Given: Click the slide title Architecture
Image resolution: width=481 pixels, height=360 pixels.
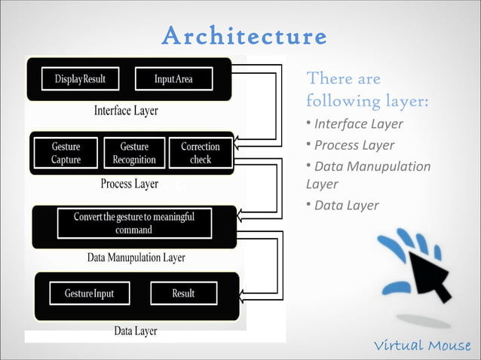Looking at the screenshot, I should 244,36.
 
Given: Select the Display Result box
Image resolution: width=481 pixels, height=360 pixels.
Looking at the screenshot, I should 80,79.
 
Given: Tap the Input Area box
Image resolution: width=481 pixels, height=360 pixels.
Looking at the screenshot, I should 173,79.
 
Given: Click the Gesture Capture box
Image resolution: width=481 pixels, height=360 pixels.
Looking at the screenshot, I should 66,153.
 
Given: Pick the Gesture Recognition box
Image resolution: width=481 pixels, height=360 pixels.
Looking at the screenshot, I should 134,153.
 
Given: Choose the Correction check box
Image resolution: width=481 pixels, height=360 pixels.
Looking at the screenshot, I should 201,153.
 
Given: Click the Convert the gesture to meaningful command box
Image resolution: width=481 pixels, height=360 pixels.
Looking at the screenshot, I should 134,223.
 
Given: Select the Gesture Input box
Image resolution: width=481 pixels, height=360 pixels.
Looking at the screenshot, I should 89,293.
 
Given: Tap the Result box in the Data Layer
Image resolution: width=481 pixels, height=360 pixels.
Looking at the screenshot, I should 183,293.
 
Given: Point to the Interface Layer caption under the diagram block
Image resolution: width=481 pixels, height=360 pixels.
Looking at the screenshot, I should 126,111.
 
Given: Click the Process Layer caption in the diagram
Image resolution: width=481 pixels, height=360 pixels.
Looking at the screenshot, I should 129,184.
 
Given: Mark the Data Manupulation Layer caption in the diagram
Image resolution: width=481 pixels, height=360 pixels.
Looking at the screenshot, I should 136,258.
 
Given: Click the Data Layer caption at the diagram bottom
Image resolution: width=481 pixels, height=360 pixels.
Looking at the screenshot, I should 135,331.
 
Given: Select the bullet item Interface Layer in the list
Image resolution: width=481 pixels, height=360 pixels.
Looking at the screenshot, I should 358,124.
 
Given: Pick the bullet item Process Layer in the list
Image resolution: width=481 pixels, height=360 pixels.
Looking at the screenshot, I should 354,145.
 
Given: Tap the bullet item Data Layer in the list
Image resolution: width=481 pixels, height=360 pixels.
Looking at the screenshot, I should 346,206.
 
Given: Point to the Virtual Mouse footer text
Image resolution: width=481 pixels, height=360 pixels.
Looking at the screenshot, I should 422,346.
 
